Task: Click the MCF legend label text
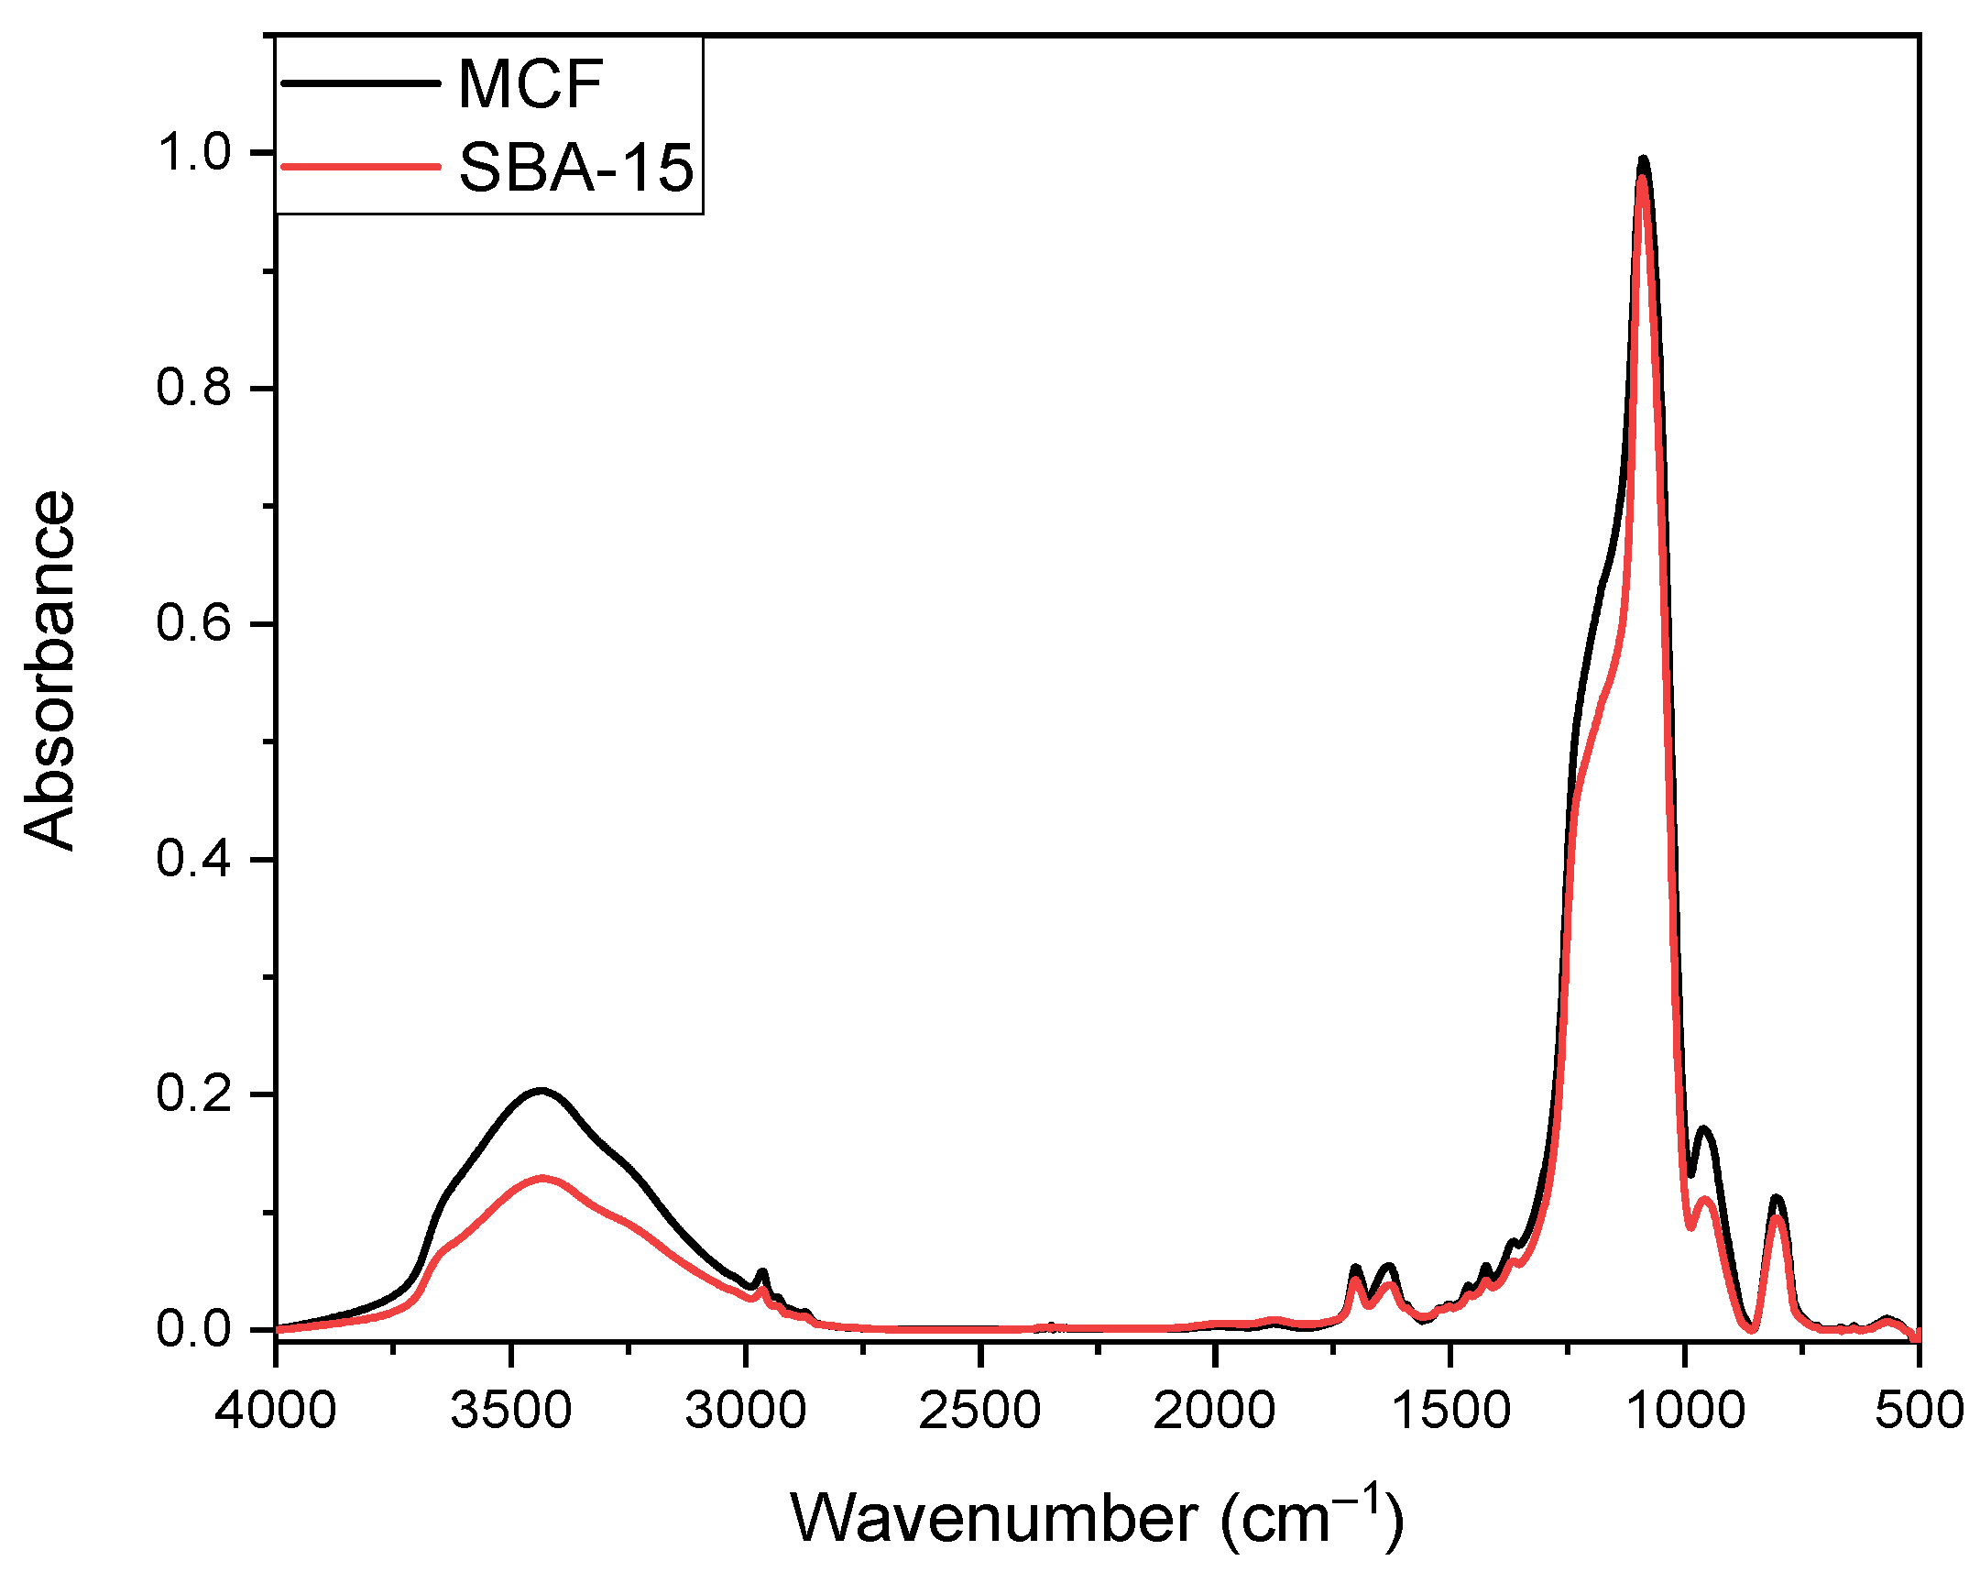530,84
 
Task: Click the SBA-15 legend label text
575,169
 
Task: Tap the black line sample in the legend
360,83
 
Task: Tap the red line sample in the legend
360,167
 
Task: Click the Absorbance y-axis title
49,671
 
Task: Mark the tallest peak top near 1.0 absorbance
1643,160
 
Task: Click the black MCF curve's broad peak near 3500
540,1091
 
